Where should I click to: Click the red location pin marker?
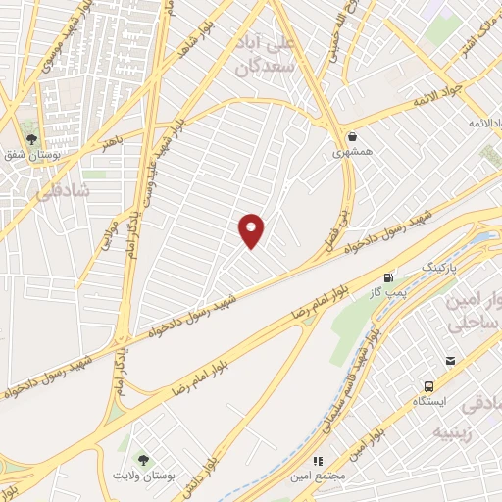point(252,229)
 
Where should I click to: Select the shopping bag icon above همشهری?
point(352,136)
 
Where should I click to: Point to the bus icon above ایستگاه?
point(428,386)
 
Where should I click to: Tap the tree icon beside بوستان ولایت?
point(144,458)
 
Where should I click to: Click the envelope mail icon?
point(450,361)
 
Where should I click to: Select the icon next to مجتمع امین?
point(317,460)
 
